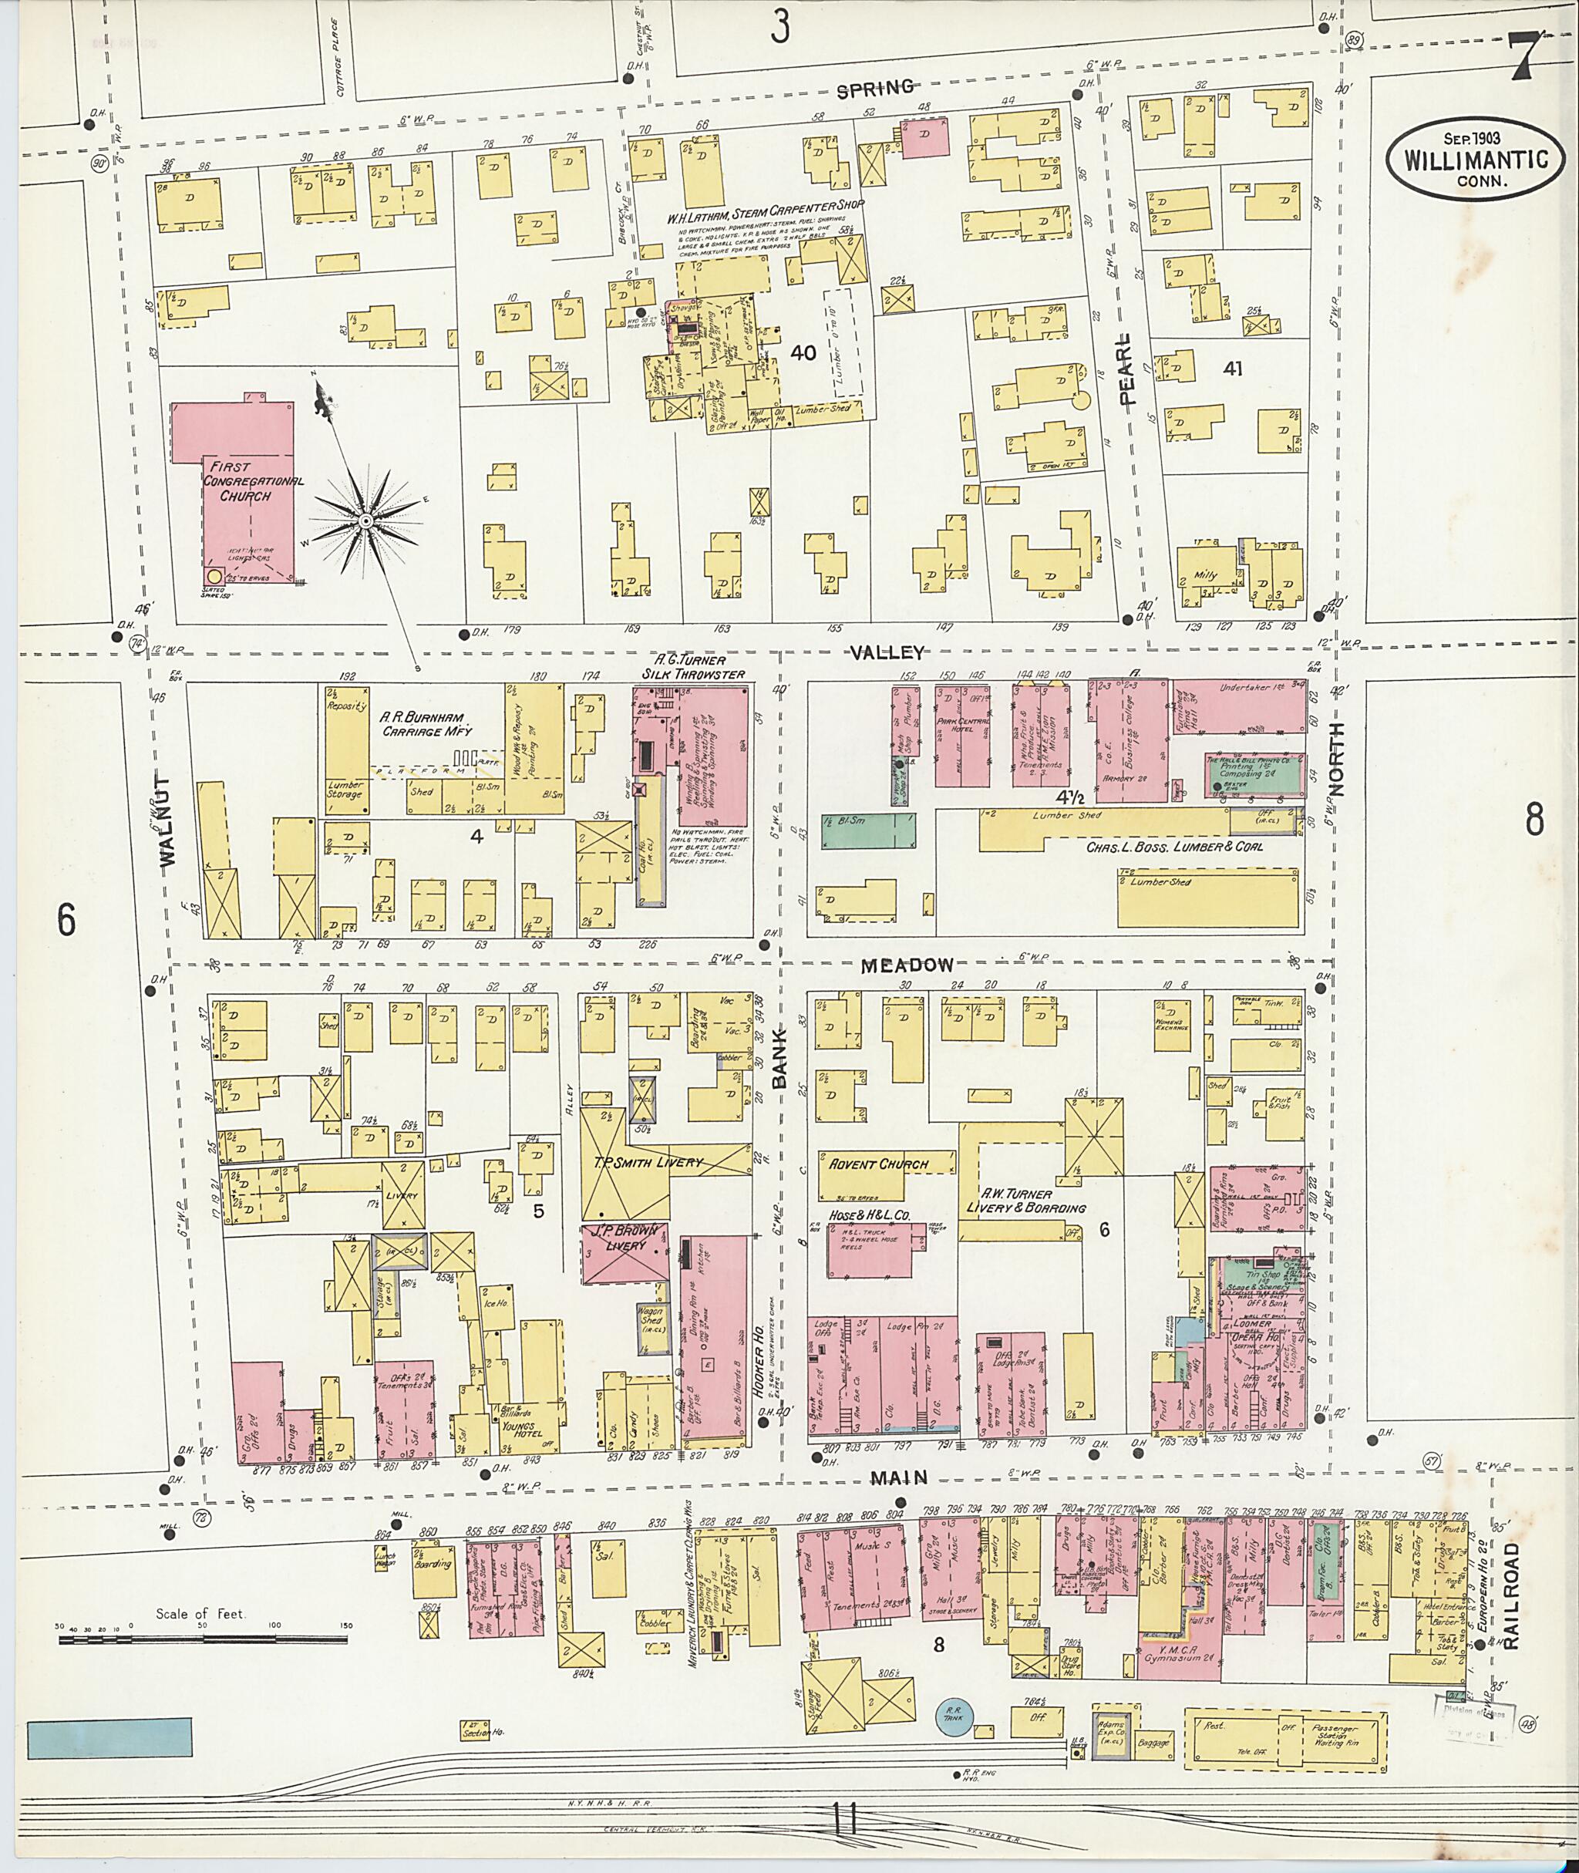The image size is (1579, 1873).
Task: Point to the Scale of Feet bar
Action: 204,1640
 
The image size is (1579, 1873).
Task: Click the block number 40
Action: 803,352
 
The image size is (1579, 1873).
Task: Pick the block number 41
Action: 1232,368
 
